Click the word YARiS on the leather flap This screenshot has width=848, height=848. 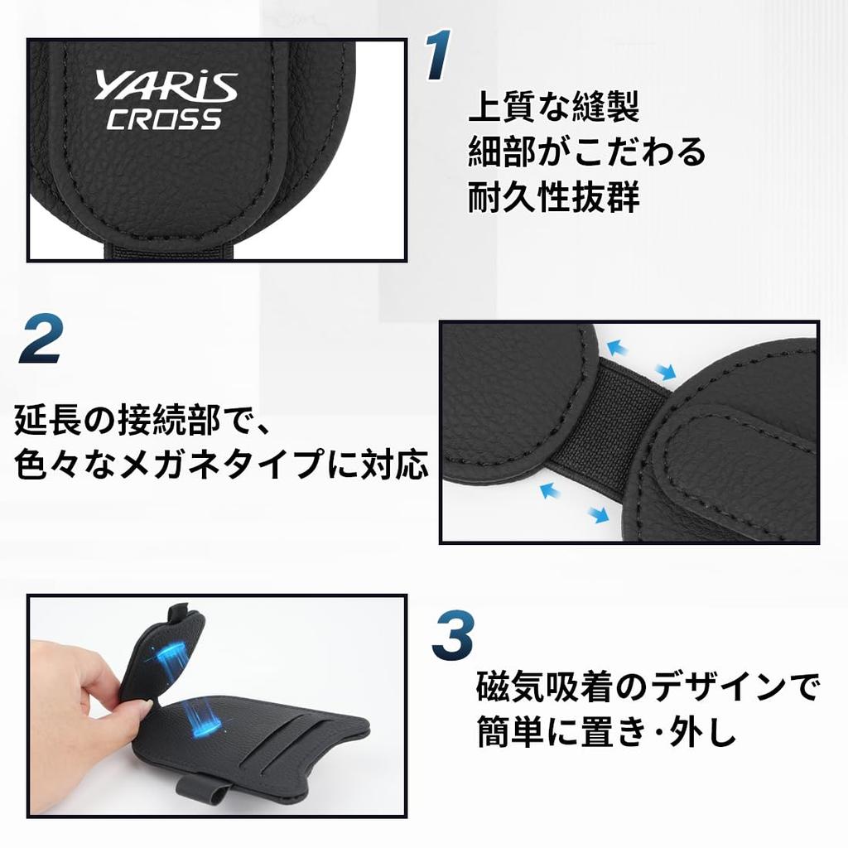(x=166, y=86)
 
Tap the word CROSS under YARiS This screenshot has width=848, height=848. (x=165, y=119)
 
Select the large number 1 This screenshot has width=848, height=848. (x=437, y=55)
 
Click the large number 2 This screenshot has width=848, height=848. (x=41, y=338)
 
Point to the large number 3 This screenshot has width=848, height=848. (x=453, y=635)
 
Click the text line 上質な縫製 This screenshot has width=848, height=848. (x=554, y=107)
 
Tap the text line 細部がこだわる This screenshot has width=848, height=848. (x=587, y=151)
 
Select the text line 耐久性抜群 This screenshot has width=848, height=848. (x=554, y=195)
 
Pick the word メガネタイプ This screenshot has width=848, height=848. (x=222, y=464)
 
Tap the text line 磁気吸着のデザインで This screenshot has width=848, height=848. (x=648, y=687)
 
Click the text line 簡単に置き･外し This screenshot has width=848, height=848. (x=606, y=731)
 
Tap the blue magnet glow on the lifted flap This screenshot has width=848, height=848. (x=173, y=656)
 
